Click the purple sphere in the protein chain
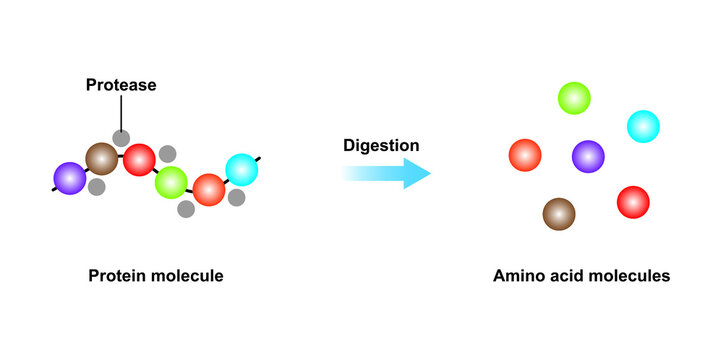click(x=70, y=177)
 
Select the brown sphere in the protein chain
click(x=101, y=158)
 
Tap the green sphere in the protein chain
click(x=172, y=182)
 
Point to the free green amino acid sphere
click(x=574, y=98)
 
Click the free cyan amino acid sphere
click(x=643, y=126)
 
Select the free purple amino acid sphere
click(x=588, y=156)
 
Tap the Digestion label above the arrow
click(x=381, y=146)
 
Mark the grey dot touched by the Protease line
click(x=121, y=138)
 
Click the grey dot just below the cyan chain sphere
click(x=237, y=198)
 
